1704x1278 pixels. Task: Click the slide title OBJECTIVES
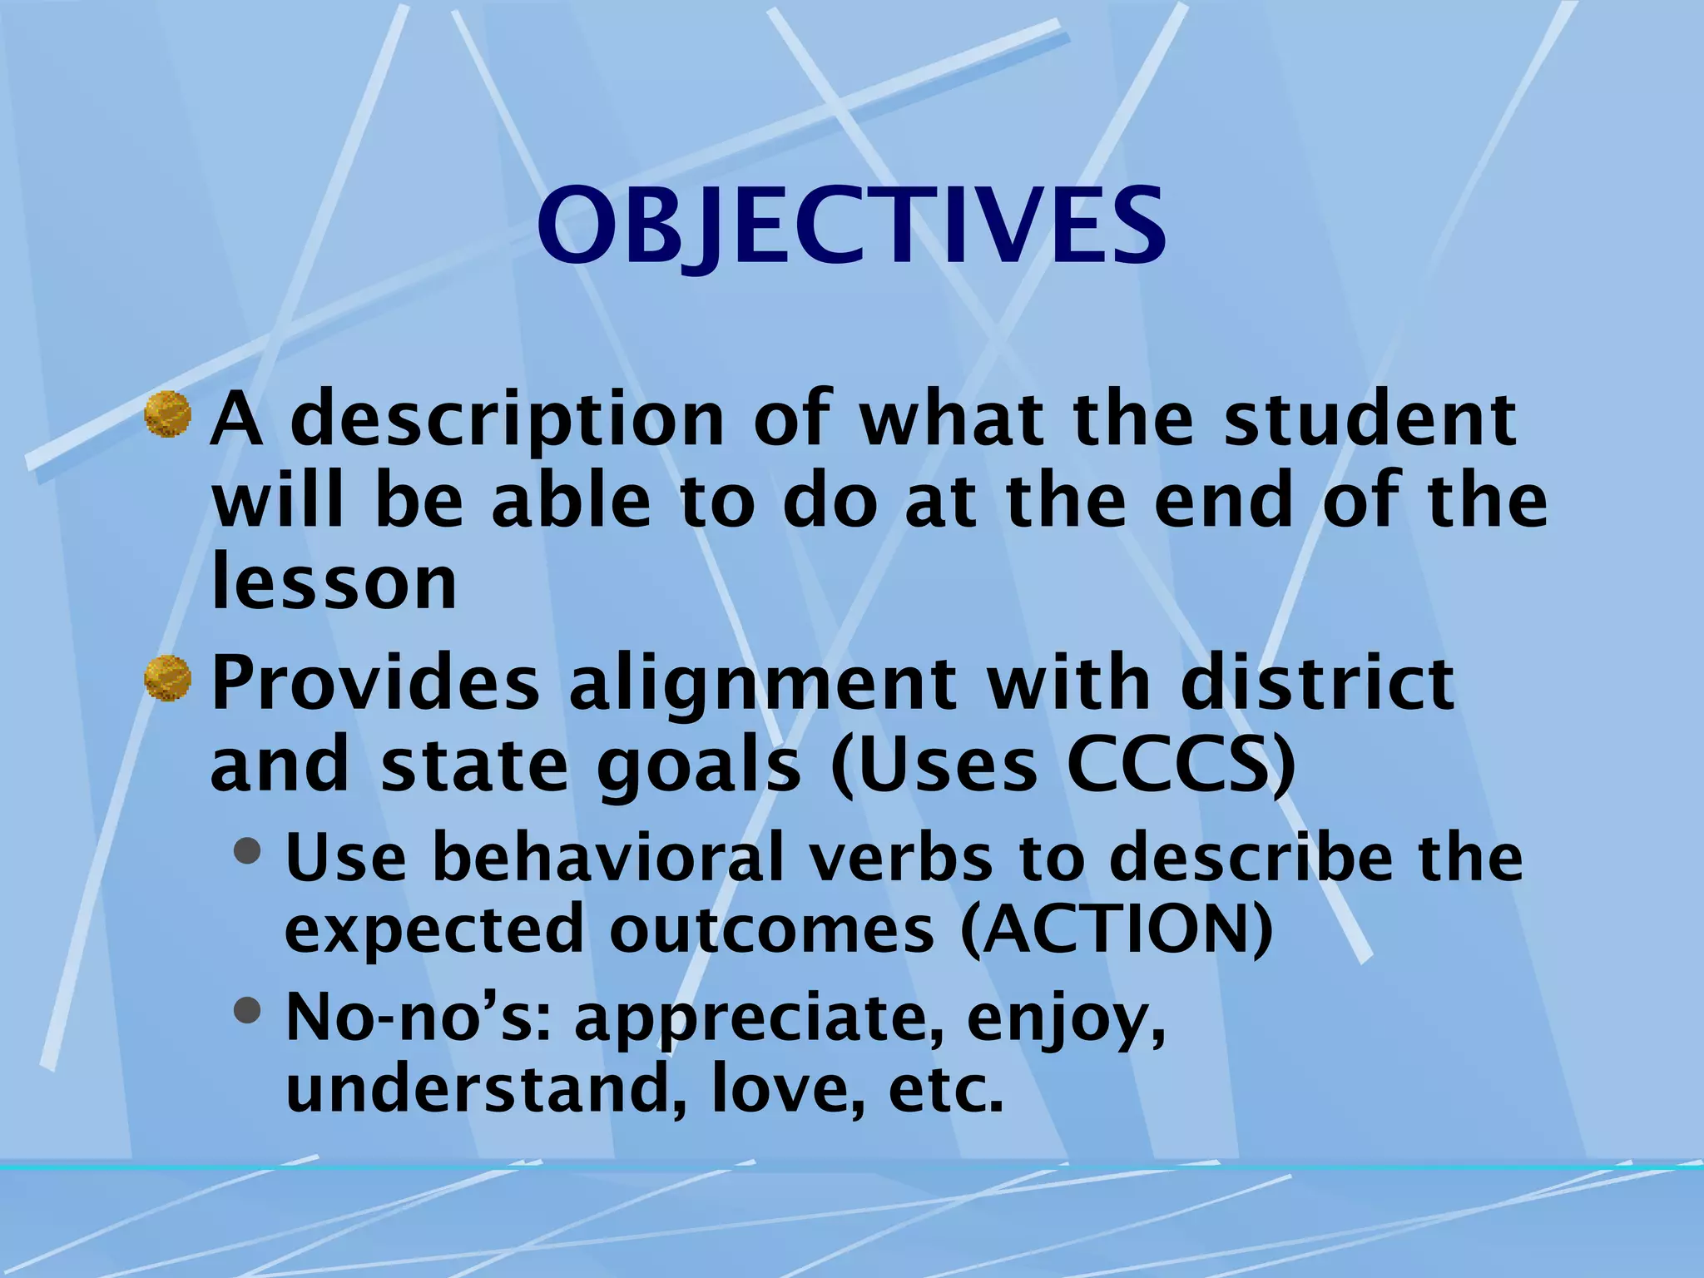tap(850, 226)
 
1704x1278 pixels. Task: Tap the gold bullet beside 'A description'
tap(168, 414)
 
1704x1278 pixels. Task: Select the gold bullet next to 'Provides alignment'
tap(168, 678)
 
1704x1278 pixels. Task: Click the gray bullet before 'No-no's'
tap(247, 1010)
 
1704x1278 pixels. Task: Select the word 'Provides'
tap(376, 684)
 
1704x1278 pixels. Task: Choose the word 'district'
tap(1318, 684)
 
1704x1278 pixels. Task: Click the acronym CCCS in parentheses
tap(1170, 765)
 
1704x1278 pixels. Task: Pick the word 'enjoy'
tap(1065, 1020)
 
